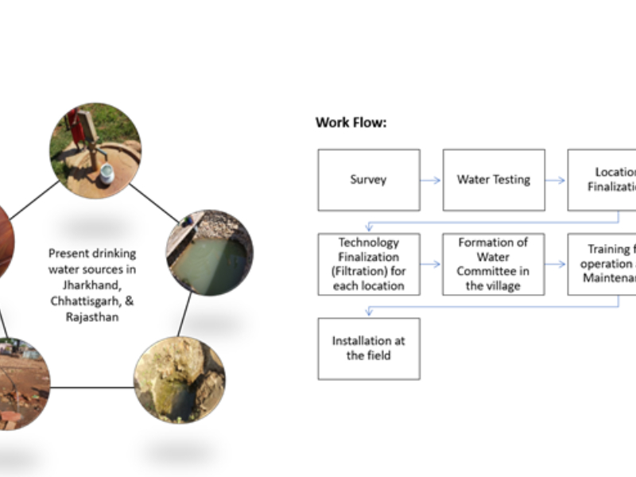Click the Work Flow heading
coord(351,122)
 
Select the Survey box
coord(368,180)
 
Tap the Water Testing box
coord(493,180)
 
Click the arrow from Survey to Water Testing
coord(430,180)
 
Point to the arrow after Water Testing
coord(555,180)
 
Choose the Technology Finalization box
coord(368,264)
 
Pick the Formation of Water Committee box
coord(493,264)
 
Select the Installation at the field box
coord(368,348)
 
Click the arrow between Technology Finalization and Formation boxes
coord(430,264)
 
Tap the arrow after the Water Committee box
coord(555,264)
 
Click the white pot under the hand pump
coord(106,175)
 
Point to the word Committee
coord(493,271)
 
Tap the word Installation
coord(368,341)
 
